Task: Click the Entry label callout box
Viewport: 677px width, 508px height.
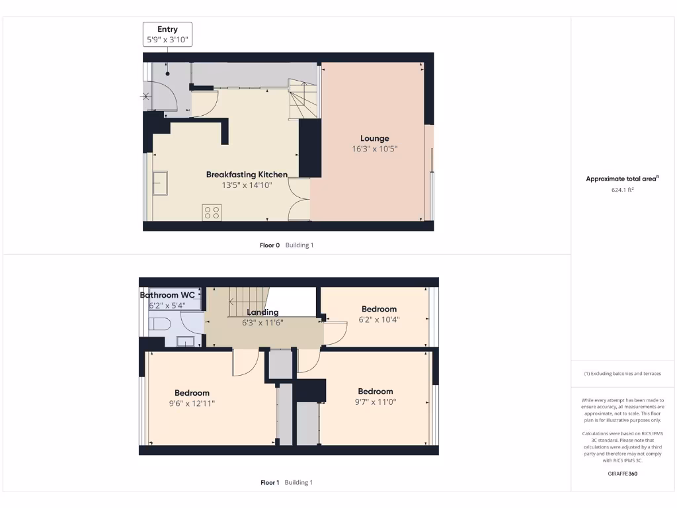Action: [167, 34]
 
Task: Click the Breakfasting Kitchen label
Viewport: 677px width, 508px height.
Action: [247, 175]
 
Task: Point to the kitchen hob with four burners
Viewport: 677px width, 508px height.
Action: [212, 212]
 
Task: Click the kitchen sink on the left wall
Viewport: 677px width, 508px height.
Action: [160, 183]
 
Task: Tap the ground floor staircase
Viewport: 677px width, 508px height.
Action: [301, 100]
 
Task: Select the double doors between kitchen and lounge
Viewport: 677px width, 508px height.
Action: [299, 199]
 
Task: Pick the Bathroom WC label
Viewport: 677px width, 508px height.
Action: [167, 295]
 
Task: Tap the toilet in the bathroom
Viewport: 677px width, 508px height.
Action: [159, 323]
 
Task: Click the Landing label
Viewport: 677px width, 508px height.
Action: [262, 312]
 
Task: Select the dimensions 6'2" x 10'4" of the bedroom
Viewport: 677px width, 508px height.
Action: [379, 319]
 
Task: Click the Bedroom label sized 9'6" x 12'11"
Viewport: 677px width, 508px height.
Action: [192, 393]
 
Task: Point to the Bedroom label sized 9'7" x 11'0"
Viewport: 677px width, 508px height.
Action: [375, 392]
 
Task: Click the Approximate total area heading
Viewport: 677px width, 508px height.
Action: [622, 179]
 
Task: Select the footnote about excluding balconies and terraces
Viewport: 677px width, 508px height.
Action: [622, 374]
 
